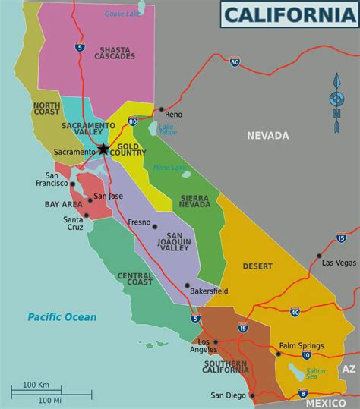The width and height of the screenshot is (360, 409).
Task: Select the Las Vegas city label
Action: [x=339, y=263]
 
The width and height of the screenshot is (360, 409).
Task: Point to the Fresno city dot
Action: [x=154, y=226]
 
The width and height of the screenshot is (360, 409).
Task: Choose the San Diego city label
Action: [x=227, y=395]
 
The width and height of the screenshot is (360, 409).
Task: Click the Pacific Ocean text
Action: [x=62, y=317]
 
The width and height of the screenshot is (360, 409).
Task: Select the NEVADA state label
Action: [x=268, y=136]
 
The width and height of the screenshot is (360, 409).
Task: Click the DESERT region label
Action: [x=257, y=266]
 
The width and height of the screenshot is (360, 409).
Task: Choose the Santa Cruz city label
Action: [x=73, y=224]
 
